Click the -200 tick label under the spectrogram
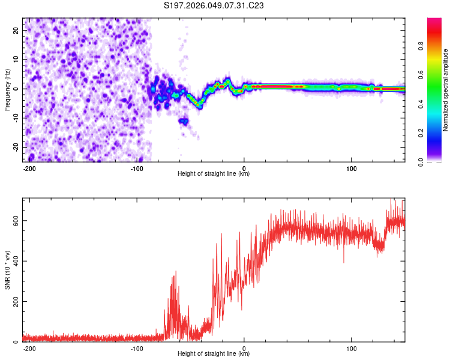point(29,168)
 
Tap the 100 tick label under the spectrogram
point(351,168)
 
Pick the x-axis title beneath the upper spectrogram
point(214,174)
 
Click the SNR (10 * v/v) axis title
point(7,270)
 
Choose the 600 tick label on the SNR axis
point(14,220)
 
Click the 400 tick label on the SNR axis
point(14,261)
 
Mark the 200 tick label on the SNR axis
point(14,302)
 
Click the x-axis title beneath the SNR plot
point(214,354)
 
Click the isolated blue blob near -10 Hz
point(183,121)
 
